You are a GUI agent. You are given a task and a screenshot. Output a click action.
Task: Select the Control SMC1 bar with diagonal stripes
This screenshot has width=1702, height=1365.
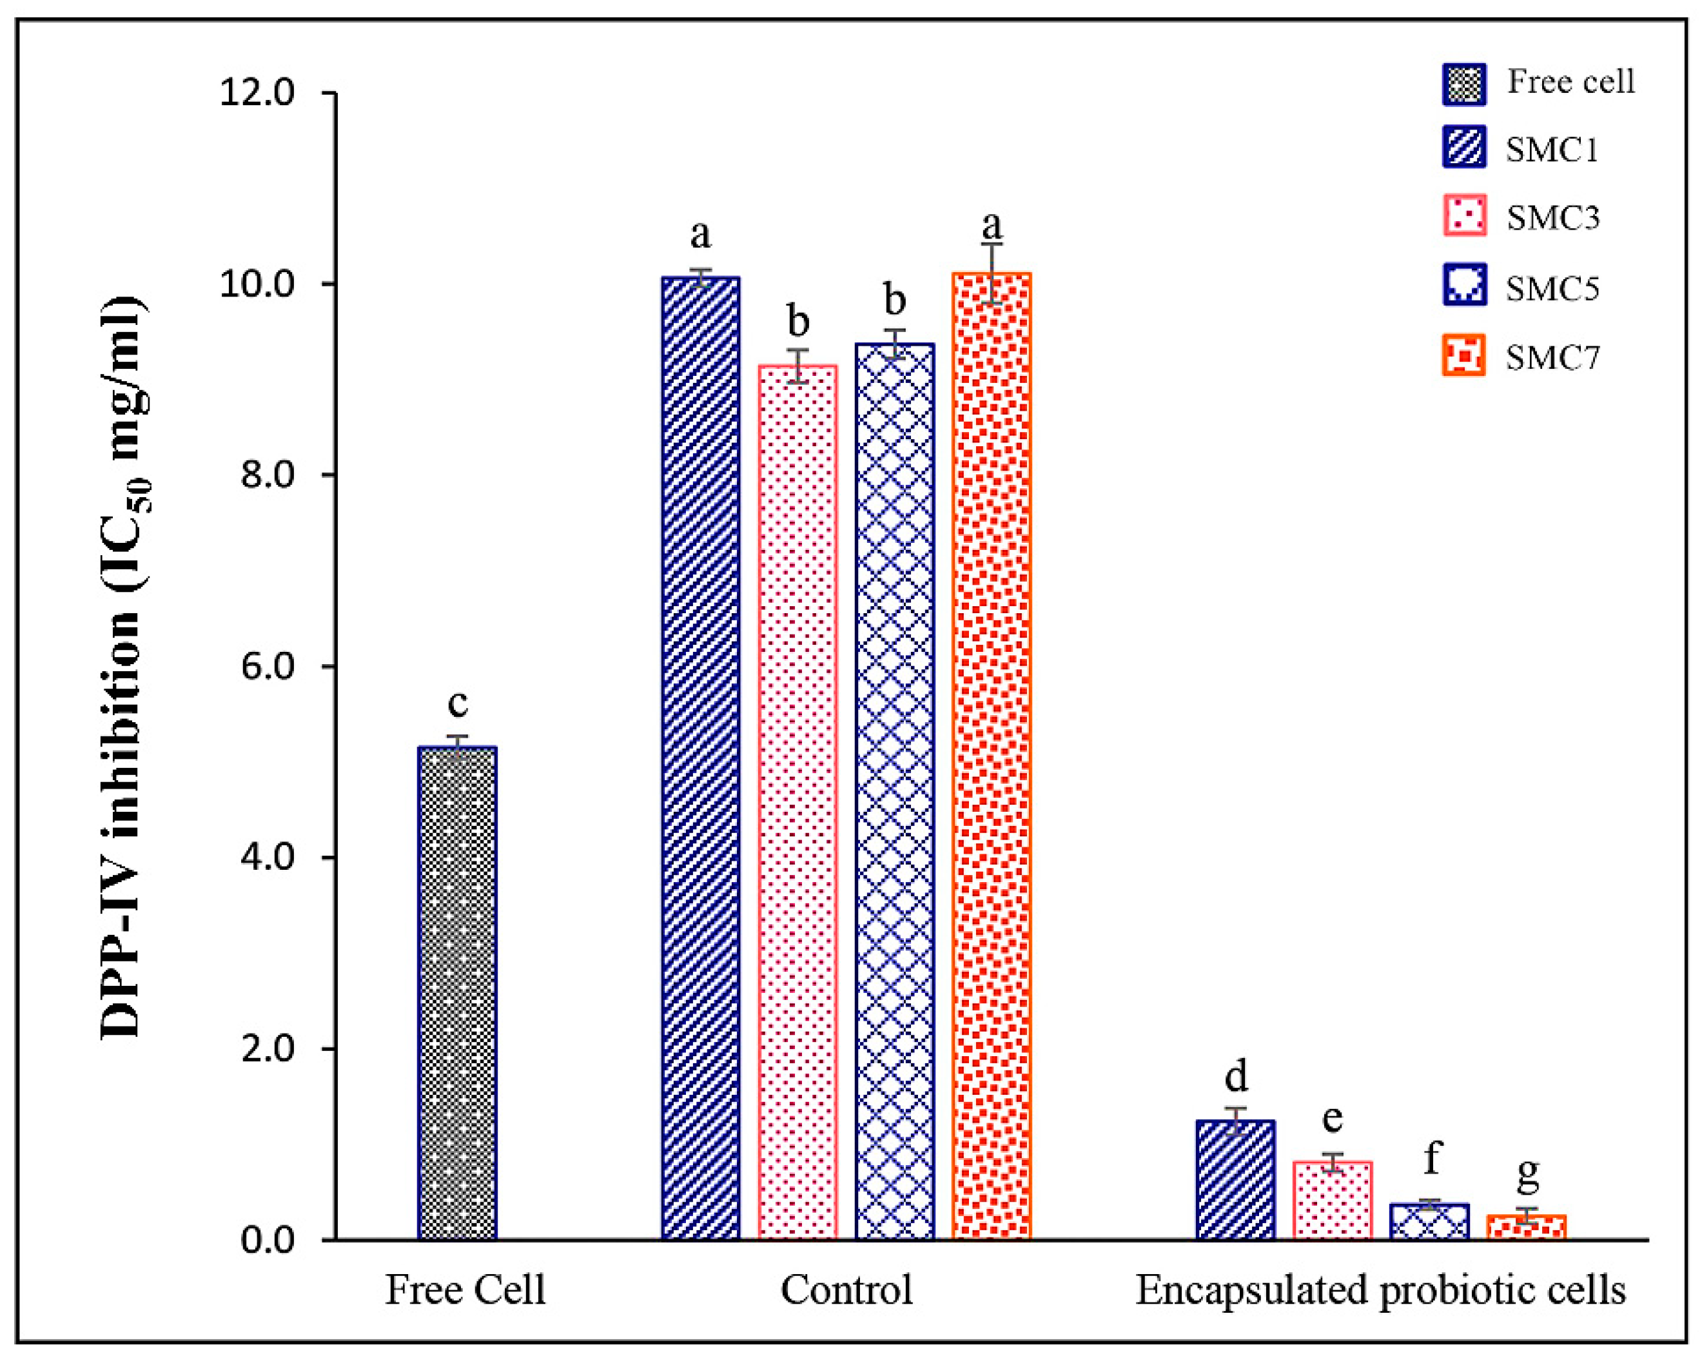point(700,758)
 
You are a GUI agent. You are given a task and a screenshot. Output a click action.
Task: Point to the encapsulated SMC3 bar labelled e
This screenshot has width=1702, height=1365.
point(1333,1199)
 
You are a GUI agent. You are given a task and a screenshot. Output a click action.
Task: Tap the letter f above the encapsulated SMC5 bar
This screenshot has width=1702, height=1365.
point(1431,1158)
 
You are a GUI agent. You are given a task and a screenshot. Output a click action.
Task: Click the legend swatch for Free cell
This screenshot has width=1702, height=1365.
point(1463,84)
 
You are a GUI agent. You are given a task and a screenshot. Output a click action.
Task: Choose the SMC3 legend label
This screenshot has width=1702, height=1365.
point(1552,218)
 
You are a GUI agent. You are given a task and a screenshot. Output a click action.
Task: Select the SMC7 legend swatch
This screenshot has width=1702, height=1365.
point(1463,355)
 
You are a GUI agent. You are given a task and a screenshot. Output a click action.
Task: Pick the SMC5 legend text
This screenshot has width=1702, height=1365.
point(1552,288)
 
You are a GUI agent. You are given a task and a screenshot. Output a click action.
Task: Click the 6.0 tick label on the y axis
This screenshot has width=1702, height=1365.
point(267,666)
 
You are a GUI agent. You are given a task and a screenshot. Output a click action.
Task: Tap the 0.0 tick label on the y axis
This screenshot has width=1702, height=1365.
point(267,1239)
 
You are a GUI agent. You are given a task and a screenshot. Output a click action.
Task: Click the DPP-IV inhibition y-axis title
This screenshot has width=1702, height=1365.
point(122,667)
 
